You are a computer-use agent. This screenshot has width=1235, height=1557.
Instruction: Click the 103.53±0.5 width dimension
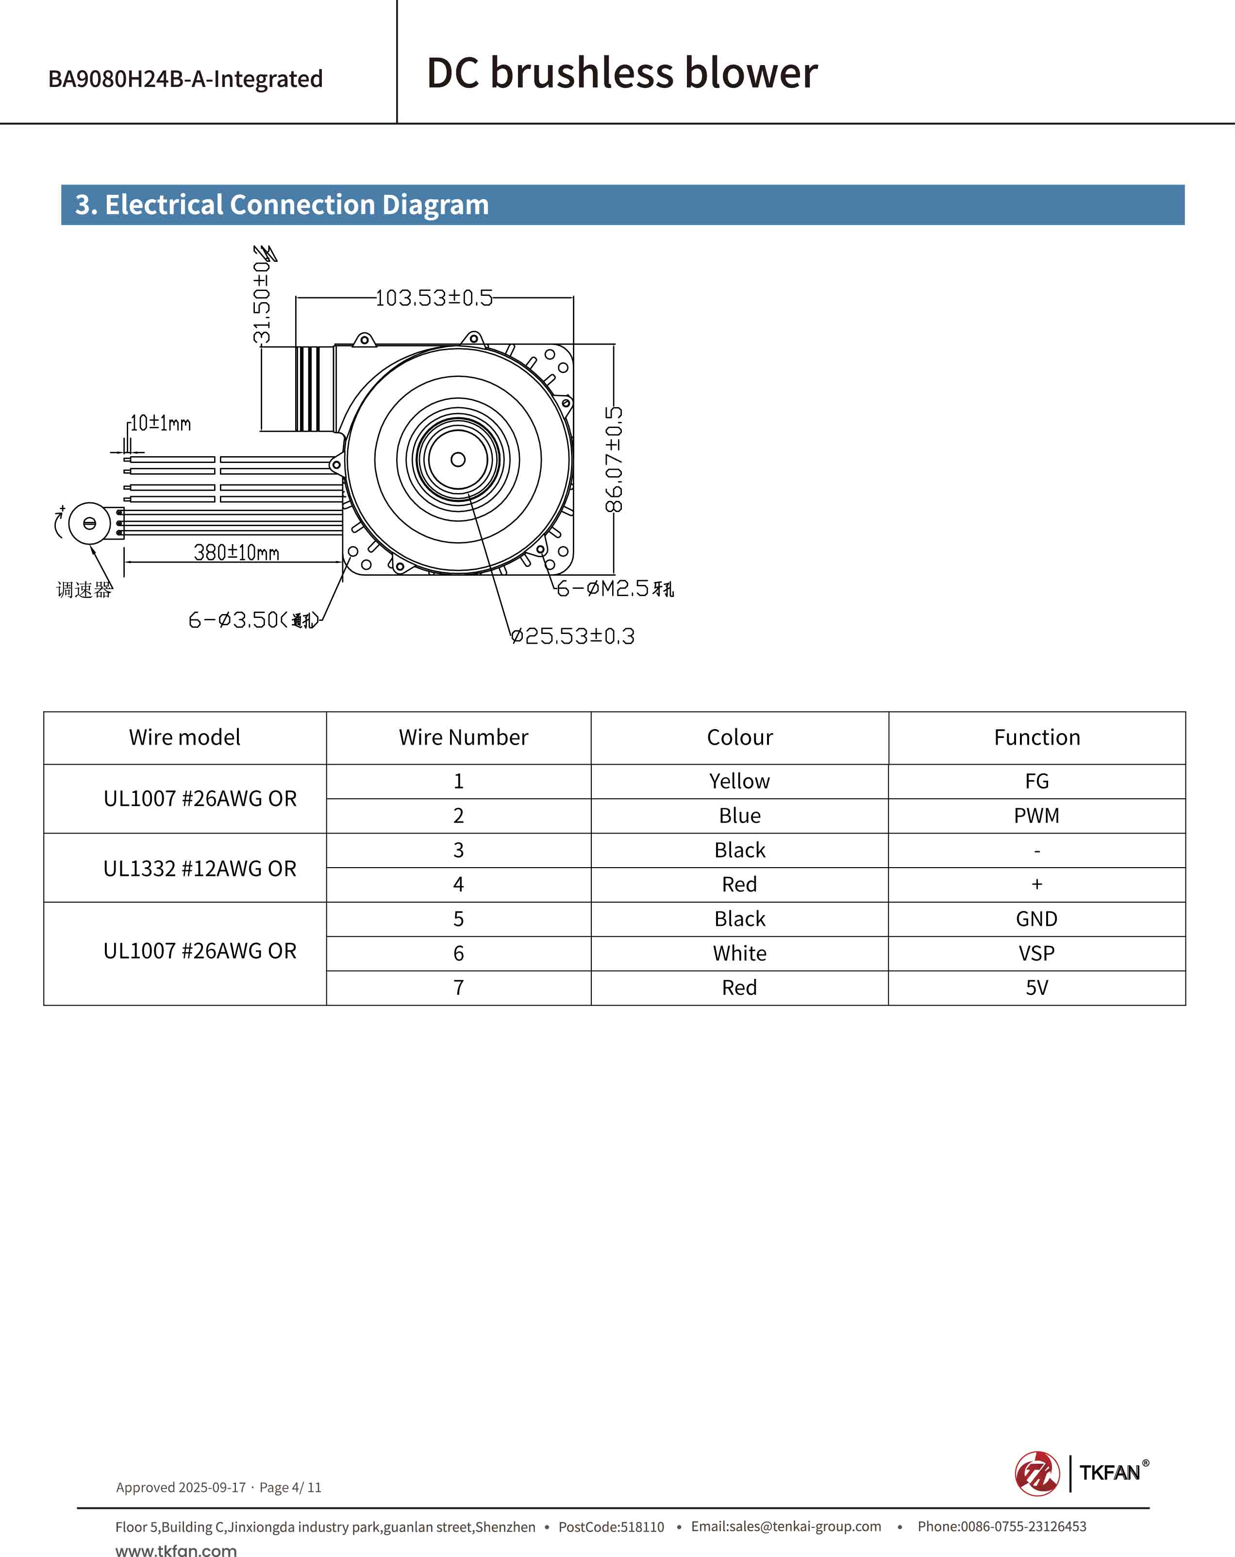coord(434,297)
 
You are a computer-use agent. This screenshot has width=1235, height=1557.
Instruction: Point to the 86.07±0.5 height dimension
coord(614,459)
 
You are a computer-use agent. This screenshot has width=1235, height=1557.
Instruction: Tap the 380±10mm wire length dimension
coord(236,552)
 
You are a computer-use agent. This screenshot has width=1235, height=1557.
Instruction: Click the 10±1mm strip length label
coord(160,423)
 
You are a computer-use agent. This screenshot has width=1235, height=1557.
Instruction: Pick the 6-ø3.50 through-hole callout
coord(252,619)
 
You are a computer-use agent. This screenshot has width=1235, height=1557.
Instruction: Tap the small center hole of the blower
coord(458,459)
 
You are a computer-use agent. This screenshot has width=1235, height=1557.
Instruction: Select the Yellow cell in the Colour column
coord(739,781)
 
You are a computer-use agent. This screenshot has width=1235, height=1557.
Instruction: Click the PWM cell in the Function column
coord(1036,815)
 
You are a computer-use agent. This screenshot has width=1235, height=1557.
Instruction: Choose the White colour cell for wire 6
coord(739,953)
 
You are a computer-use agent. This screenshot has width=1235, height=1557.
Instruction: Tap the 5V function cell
coord(1036,987)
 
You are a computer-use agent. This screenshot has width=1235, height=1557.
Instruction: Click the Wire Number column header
coord(464,737)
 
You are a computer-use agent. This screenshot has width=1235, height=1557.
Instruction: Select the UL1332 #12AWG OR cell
coord(200,868)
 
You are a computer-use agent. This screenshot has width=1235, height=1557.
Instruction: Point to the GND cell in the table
coord(1036,919)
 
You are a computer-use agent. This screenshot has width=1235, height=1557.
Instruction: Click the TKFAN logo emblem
coord(1037,1473)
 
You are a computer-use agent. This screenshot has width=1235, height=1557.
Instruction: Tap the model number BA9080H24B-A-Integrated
coord(185,79)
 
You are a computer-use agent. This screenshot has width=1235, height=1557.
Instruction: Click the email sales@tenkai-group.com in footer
coord(785,1526)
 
